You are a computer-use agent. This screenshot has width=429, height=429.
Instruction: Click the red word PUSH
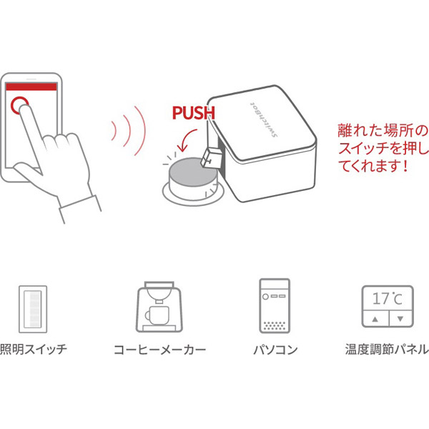coord(194,113)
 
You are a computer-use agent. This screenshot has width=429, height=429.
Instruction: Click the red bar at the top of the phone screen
coord(31,87)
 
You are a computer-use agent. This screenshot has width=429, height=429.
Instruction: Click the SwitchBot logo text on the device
coord(263,120)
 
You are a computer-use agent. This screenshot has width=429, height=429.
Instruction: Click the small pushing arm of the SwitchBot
coord(211,158)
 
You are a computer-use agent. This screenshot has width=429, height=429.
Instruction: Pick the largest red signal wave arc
coord(140,131)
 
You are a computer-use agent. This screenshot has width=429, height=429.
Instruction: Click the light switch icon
coord(33,309)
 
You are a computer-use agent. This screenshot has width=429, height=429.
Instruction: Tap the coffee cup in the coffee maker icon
coord(157,315)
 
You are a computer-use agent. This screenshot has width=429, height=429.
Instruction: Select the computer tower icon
coord(275,305)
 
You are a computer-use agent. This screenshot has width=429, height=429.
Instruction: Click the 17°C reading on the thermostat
coord(387,298)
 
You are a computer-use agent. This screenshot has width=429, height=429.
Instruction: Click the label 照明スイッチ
coord(34,349)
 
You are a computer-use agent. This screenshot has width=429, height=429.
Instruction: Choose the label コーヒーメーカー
coord(159,350)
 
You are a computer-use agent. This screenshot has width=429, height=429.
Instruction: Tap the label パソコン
coord(275,350)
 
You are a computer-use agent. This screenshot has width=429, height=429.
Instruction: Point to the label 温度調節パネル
coord(387,349)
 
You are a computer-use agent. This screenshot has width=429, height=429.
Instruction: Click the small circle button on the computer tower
coord(265,297)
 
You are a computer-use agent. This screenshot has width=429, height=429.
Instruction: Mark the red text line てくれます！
coord(373,166)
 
